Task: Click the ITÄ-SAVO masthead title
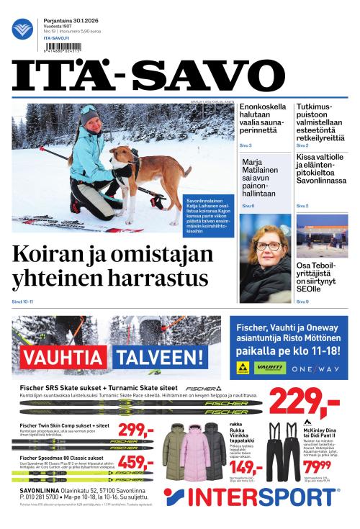click(x=179, y=75)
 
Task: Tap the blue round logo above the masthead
click(x=23, y=30)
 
